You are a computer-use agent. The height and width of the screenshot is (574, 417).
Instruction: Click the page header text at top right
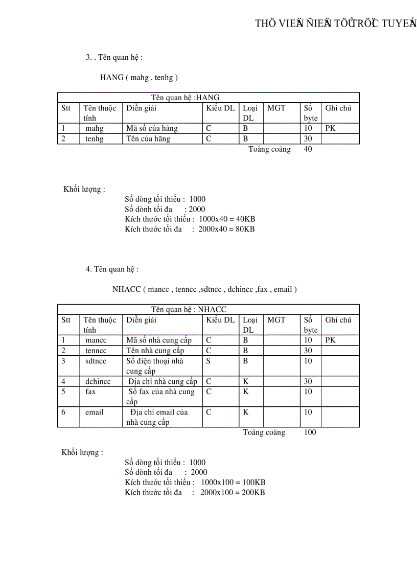point(336,23)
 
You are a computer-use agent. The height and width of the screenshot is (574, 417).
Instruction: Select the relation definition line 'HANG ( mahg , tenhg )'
point(139,78)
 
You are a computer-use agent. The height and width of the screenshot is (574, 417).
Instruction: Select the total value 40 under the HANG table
point(308,149)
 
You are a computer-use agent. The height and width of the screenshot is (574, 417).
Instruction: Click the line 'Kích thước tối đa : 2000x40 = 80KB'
point(190,229)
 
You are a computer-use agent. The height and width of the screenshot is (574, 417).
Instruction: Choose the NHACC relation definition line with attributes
point(204,289)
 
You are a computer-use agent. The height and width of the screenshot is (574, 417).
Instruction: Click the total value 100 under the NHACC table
point(310,432)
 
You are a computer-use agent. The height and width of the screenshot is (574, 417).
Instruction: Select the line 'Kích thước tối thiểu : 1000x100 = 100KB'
point(195,483)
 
